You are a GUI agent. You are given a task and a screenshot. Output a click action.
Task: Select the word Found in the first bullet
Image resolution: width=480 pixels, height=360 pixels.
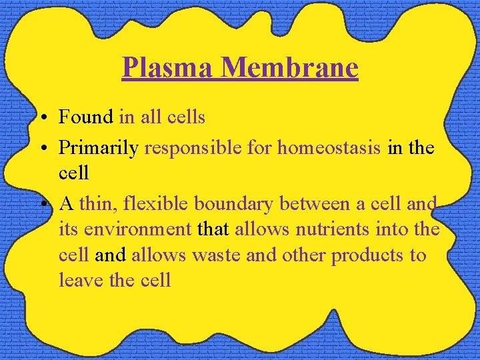coord(86,117)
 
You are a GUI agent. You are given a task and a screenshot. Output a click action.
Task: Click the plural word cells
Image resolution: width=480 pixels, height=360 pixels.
coord(186,117)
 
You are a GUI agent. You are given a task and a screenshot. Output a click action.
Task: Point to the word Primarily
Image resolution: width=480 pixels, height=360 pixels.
coord(99,148)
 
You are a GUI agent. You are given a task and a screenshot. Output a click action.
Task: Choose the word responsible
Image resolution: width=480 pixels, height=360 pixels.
coord(193,148)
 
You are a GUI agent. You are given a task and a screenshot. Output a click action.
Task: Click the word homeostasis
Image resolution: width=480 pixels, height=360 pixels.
coord(329,148)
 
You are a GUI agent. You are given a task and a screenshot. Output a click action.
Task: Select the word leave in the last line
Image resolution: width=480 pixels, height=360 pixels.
coord(81,280)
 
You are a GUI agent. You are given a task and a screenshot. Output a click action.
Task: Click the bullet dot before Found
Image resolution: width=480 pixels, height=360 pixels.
coord(41,119)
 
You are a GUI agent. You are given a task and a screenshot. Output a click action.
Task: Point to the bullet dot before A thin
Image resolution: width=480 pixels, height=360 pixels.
coord(41,204)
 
